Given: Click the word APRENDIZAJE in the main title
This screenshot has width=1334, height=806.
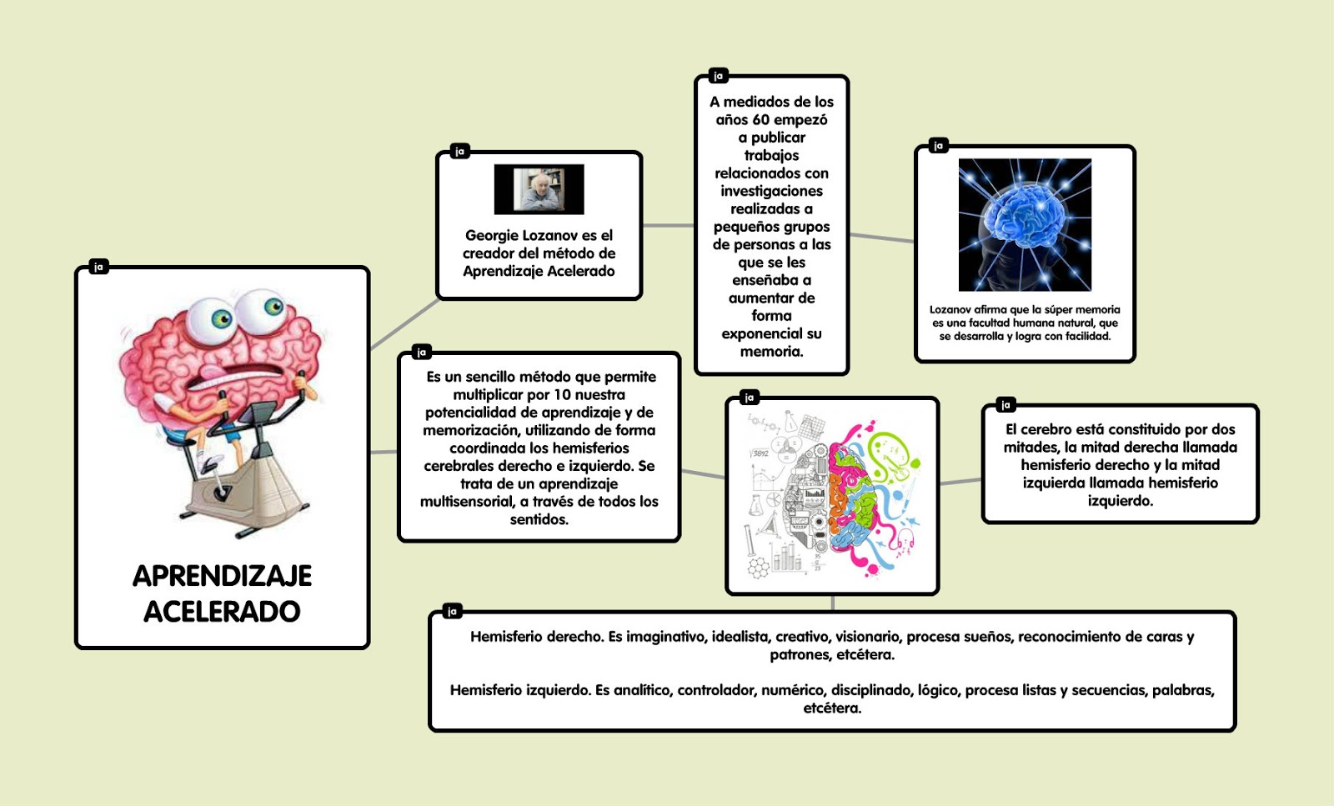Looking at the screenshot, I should (222, 576).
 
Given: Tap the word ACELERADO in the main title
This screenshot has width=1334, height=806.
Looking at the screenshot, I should (222, 612).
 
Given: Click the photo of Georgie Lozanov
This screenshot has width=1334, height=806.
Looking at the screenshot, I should (539, 189).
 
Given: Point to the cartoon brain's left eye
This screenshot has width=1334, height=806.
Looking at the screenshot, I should (220, 318).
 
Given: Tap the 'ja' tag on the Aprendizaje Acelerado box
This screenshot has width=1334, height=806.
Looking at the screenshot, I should (98, 267).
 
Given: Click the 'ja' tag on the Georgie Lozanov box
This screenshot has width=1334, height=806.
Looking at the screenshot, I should (459, 151).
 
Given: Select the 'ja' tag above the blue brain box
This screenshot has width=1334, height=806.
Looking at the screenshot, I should (938, 146).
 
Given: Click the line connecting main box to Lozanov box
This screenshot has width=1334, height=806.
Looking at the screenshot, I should (404, 324).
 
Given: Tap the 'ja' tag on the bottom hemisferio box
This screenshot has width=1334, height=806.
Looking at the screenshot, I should (452, 612).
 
